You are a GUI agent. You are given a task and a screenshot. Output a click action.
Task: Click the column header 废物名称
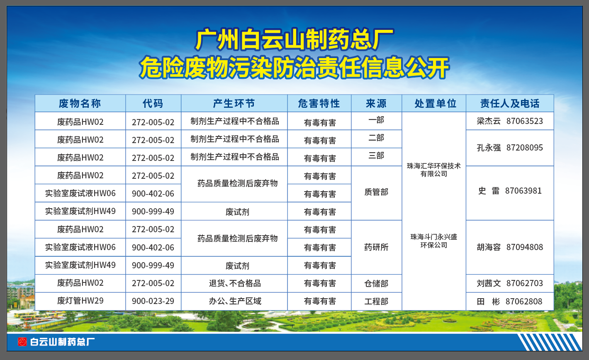(x=80, y=103)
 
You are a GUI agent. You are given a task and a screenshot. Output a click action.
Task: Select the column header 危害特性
(x=319, y=103)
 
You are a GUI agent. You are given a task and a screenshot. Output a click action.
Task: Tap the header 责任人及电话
(x=510, y=103)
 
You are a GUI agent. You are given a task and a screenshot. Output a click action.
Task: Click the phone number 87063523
(x=525, y=121)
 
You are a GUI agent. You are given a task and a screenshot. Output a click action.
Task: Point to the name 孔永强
(x=489, y=148)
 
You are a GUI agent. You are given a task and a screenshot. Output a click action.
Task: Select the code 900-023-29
(x=153, y=301)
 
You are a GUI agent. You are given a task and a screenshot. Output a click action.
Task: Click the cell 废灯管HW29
(x=80, y=301)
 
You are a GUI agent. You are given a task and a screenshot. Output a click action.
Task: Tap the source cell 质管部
(x=376, y=192)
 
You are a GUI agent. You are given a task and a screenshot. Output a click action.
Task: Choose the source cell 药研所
(x=376, y=247)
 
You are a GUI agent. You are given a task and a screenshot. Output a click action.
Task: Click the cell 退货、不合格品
(x=235, y=283)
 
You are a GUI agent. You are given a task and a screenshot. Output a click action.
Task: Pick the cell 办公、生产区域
(x=235, y=301)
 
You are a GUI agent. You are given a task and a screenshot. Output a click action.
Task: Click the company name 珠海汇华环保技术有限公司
(x=434, y=170)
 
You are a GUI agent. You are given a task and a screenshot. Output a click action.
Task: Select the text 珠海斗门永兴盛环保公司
(x=434, y=241)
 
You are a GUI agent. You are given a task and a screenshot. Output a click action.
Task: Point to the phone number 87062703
(x=525, y=283)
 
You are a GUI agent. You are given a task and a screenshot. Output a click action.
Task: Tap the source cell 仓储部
(x=376, y=283)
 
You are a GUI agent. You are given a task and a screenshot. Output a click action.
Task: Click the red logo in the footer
(x=22, y=342)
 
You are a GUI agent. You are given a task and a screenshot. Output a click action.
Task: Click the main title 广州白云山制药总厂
(x=294, y=39)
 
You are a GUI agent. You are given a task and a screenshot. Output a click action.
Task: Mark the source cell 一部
(x=376, y=120)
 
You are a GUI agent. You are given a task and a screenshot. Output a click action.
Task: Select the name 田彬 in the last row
(x=488, y=302)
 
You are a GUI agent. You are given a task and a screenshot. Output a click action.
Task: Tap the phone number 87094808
(x=525, y=247)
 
